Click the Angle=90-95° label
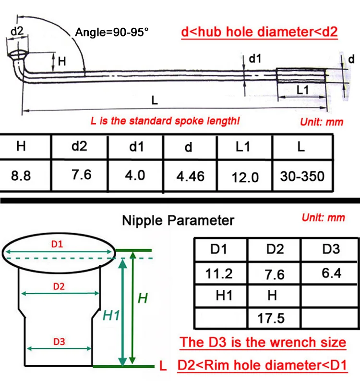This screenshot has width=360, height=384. point(112,34)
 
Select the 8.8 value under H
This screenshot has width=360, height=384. point(21,175)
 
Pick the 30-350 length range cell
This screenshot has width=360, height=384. point(302,176)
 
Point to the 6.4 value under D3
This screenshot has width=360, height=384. point(331,273)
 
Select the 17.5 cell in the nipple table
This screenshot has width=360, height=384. point(272,318)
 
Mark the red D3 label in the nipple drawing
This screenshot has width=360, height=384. point(59,342)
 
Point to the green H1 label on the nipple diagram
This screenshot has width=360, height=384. point(111,315)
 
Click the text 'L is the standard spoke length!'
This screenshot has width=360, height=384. point(165,120)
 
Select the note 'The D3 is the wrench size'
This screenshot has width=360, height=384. point(263,342)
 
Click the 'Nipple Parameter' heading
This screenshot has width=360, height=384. point(178,220)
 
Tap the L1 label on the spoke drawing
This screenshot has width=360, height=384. point(302,90)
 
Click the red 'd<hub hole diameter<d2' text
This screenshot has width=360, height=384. point(259,32)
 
